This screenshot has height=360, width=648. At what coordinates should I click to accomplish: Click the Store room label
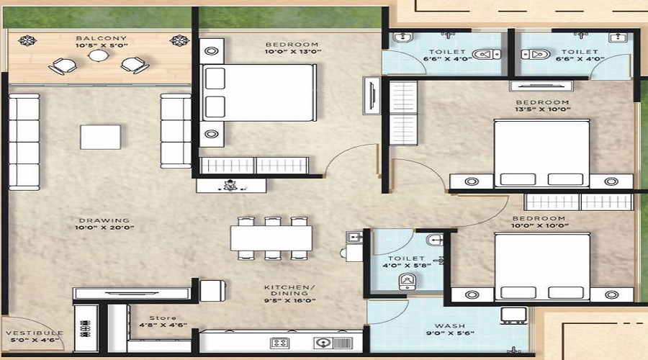pyautogui.click(x=163, y=318)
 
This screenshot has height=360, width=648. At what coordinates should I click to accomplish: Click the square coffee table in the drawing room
pyautogui.click(x=100, y=137)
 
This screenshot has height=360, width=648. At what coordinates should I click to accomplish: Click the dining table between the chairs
pyautogui.click(x=271, y=238)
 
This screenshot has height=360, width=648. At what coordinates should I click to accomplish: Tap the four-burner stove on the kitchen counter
pyautogui.click(x=280, y=343)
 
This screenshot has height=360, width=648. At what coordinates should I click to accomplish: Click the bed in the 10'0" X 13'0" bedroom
pyautogui.click(x=259, y=94)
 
